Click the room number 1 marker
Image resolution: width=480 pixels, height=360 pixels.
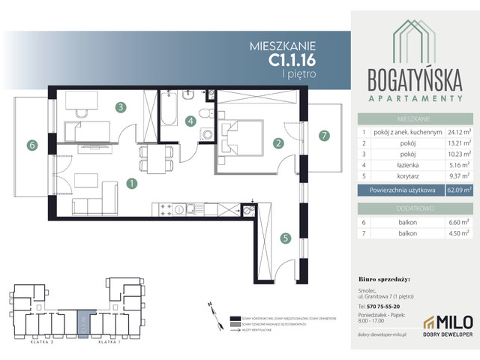[131, 182]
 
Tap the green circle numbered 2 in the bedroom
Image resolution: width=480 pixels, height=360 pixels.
[277, 143]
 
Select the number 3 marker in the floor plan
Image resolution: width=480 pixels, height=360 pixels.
[120, 106]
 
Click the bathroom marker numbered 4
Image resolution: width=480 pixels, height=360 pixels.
[191, 121]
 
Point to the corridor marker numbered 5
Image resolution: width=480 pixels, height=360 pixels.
[285, 239]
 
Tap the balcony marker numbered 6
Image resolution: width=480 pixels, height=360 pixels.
[31, 145]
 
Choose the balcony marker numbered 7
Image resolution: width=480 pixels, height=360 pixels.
[324, 136]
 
